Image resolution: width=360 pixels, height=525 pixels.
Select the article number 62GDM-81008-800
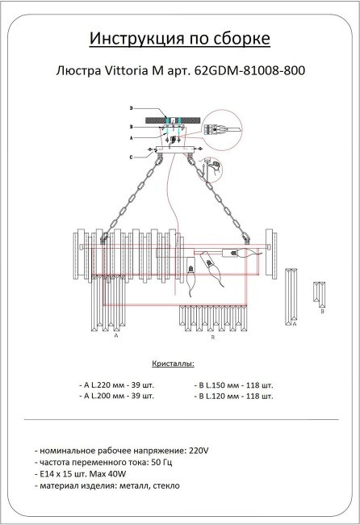pos(250,70)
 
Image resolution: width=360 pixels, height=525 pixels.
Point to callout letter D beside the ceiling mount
pos(131,108)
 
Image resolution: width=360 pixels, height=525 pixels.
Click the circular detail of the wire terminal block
pos(216,128)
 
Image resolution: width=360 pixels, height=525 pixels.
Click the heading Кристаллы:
pos(173,365)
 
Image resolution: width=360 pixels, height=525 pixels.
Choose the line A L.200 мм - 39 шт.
pos(117,397)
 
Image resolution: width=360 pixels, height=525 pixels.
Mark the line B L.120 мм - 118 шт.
pos(234,397)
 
